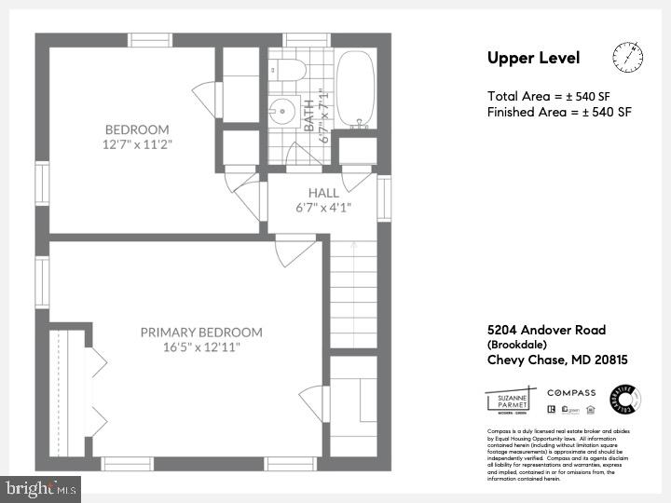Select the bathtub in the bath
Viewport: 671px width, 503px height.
tap(354, 89)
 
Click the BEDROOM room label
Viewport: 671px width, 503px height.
tap(137, 129)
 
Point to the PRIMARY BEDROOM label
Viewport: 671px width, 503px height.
tap(201, 332)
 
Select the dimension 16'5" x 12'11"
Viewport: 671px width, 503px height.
tap(201, 347)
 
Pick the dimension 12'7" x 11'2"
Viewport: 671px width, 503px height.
tap(138, 144)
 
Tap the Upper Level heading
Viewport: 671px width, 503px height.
tap(533, 59)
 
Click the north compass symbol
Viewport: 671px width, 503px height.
tap(628, 58)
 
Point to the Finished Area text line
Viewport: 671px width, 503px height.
tap(559, 112)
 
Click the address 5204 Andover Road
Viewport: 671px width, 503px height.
tap(546, 330)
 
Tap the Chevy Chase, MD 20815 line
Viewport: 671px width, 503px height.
tap(557, 360)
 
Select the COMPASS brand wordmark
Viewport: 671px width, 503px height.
tap(571, 393)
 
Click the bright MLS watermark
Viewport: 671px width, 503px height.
tap(40, 488)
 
